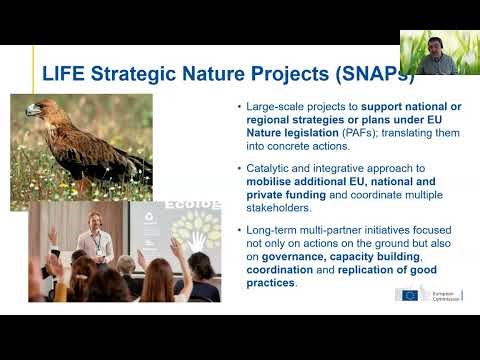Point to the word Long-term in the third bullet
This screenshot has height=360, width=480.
point(270,231)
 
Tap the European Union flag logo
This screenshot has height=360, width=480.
point(408,295)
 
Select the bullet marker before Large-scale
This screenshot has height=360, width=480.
point(236,106)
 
